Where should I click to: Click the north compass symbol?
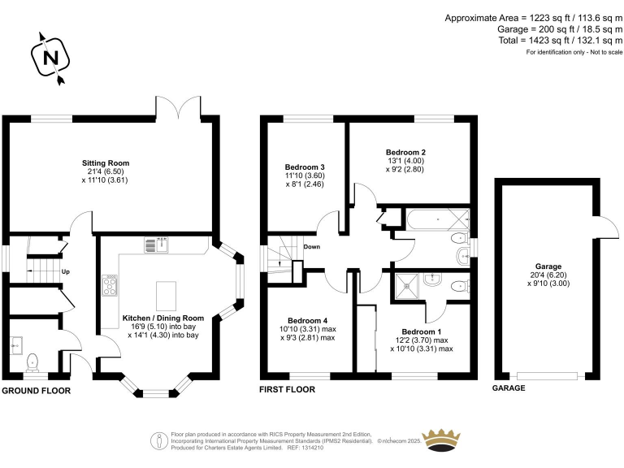(x=50, y=58)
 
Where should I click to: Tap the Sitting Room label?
(x=106, y=162)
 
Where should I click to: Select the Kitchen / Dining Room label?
(x=163, y=318)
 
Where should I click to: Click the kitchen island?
(x=166, y=291)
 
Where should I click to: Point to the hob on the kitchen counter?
(x=110, y=286)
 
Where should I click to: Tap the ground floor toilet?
(x=33, y=361)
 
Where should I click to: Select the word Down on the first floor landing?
(x=313, y=247)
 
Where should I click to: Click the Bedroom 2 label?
(x=405, y=152)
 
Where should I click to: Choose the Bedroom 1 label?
(x=422, y=331)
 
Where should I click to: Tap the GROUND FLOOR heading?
(x=36, y=390)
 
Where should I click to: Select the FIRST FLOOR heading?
(x=286, y=390)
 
